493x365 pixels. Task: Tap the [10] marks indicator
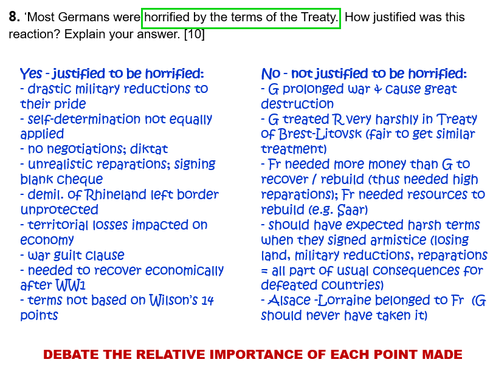(195, 34)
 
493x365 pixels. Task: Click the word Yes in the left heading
(31, 73)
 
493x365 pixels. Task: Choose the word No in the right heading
(271, 74)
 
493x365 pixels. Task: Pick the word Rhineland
(115, 195)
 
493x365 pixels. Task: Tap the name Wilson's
(173, 300)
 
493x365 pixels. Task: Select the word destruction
(297, 104)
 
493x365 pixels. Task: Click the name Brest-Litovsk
(320, 134)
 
